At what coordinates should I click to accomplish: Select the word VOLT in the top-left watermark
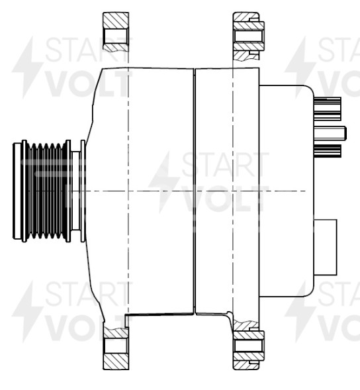click(x=86, y=83)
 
